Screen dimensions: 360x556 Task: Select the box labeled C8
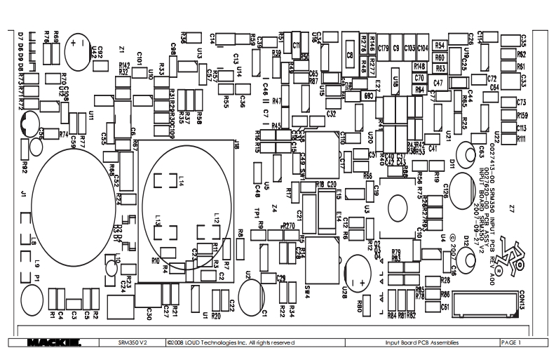click(x=349, y=53)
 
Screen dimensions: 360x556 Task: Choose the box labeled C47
click(x=438, y=83)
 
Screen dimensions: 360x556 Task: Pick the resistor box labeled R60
click(x=440, y=57)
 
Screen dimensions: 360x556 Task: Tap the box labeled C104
click(x=423, y=48)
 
